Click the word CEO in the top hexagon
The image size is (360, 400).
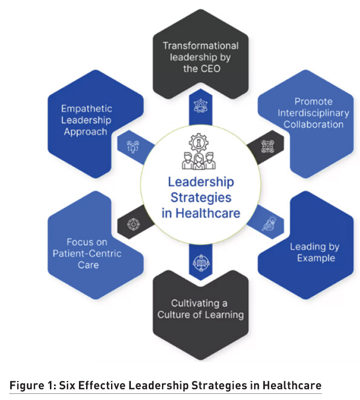(x=209, y=68)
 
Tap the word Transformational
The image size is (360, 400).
(x=200, y=45)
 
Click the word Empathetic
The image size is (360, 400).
(x=86, y=109)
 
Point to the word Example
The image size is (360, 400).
(x=316, y=258)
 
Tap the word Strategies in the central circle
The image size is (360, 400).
(x=200, y=197)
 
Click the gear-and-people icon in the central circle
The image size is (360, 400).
(x=200, y=151)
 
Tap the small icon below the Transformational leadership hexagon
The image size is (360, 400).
(x=200, y=106)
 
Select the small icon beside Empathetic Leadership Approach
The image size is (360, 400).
(x=132, y=146)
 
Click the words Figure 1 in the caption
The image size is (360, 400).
(x=31, y=385)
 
